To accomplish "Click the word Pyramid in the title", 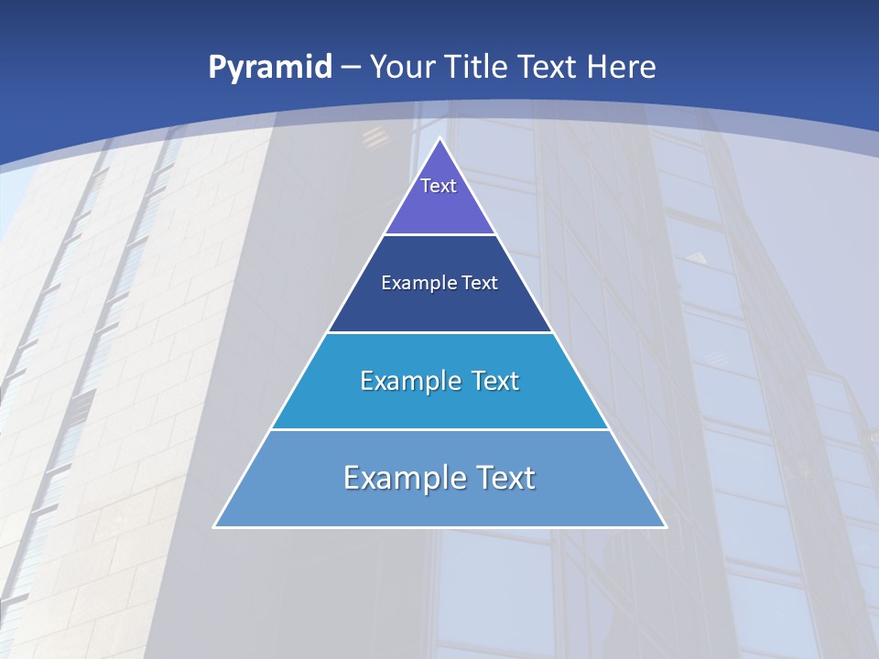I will click(270, 68).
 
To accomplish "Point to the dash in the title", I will click(351, 68).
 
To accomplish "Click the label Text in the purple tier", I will click(439, 186).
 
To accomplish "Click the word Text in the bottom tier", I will click(502, 478).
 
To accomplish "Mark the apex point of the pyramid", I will click(439, 140).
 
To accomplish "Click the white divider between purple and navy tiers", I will click(439, 234).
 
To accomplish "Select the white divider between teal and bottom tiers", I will click(439, 429).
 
